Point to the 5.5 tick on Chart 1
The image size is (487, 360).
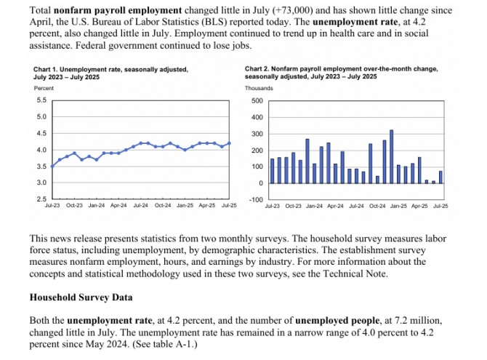click(x=41, y=100)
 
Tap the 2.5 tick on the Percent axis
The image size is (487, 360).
click(x=41, y=199)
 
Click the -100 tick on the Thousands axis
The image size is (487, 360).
click(x=255, y=199)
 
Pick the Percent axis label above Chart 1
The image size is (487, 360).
click(x=44, y=88)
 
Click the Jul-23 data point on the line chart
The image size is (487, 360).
click(x=52, y=167)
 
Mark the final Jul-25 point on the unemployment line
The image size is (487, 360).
click(x=230, y=143)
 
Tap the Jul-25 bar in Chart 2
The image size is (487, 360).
click(x=440, y=177)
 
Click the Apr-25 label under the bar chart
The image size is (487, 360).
click(x=419, y=206)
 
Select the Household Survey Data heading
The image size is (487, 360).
click(x=85, y=297)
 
